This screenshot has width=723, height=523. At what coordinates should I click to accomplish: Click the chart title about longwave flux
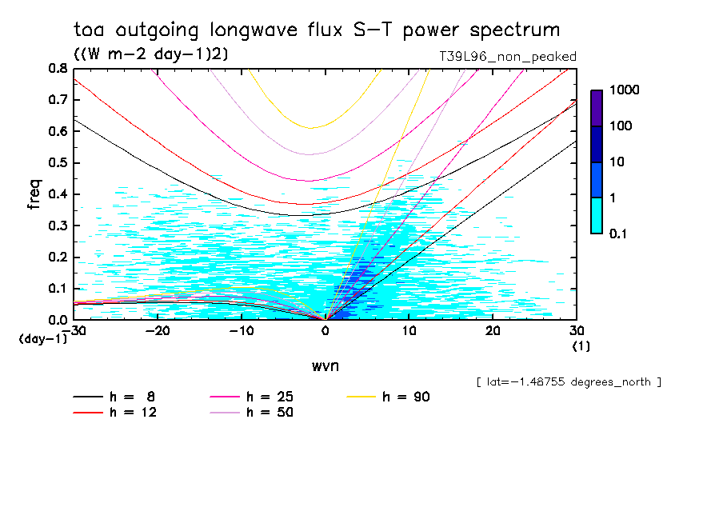(x=317, y=30)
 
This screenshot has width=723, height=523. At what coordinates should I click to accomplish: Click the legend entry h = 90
(x=407, y=397)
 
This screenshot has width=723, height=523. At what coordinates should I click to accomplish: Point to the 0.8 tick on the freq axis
(x=58, y=69)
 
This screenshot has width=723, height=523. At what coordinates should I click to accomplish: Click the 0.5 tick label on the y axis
(x=58, y=163)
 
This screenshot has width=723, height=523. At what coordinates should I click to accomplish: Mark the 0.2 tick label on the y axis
(x=58, y=257)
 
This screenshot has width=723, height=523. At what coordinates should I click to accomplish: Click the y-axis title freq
(x=34, y=194)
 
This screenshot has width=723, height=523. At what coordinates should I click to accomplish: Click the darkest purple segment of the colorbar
(x=597, y=108)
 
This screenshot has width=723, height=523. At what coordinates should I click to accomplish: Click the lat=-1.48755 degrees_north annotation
(x=569, y=382)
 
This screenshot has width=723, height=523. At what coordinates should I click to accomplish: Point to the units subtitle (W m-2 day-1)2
(x=145, y=54)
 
